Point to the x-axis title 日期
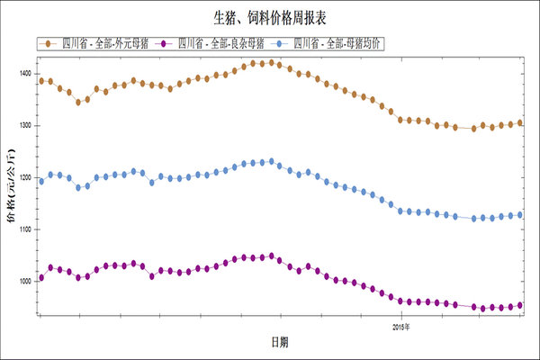pyautogui.click(x=280, y=343)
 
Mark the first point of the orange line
pyautogui.click(x=41, y=81)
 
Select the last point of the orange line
pyautogui.click(x=520, y=122)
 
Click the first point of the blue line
pyautogui.click(x=41, y=181)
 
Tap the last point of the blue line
pyautogui.click(x=520, y=215)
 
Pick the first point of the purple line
pyautogui.click(x=41, y=277)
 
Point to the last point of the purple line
pyautogui.click(x=520, y=305)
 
